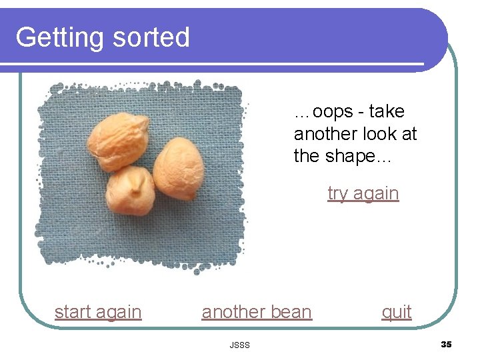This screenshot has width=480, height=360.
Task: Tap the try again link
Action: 363,193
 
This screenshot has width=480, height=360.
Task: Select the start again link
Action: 98,311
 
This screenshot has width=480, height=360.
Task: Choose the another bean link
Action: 257,311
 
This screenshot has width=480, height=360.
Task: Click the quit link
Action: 397,311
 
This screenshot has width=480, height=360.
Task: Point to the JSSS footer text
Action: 239,345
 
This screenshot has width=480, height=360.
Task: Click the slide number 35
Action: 446,344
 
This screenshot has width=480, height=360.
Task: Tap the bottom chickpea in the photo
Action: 131,189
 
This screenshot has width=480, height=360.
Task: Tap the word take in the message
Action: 387,111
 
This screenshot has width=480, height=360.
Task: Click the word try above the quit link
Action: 337,193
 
